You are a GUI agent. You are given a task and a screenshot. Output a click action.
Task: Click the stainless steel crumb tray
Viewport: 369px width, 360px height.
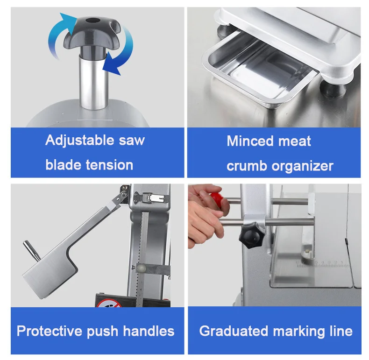[255, 75]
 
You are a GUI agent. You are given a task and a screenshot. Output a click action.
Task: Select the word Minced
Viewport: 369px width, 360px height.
[248, 141]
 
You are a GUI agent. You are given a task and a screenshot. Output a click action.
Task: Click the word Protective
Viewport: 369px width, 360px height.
[50, 331]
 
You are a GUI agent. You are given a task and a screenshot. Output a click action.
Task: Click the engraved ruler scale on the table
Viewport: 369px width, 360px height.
[322, 265]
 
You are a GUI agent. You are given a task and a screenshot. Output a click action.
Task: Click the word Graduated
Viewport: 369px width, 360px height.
[234, 331]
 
